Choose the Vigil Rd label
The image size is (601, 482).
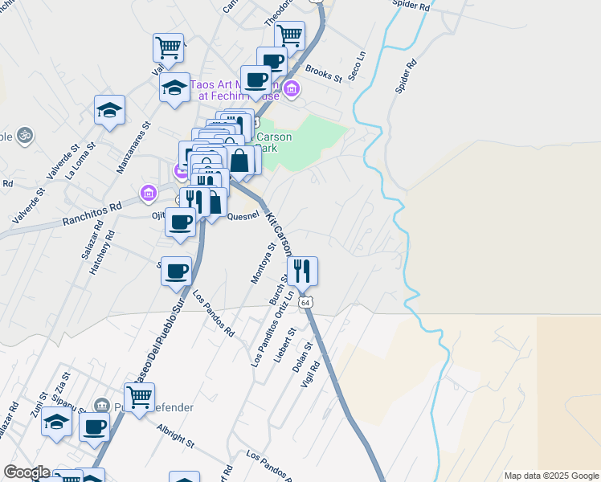310,373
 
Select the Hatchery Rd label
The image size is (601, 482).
103,254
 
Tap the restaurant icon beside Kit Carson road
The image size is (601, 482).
302,272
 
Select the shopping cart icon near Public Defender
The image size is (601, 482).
140,396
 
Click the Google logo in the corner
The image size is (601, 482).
26,472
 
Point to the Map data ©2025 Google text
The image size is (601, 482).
550,476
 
